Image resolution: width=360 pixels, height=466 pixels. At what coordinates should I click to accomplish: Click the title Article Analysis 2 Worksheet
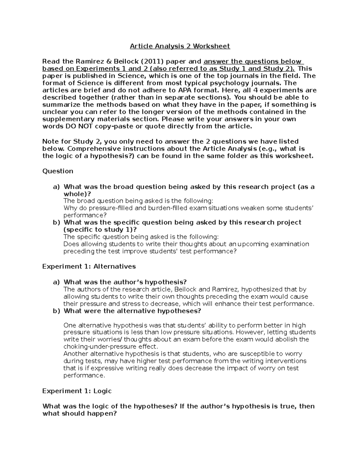180,46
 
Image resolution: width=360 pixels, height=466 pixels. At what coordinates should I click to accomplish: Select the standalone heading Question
58,171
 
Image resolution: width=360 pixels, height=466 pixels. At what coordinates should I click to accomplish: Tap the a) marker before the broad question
56,187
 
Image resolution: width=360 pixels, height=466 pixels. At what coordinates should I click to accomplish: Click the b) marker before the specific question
56,223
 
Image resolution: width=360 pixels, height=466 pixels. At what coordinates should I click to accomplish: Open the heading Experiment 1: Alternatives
89,266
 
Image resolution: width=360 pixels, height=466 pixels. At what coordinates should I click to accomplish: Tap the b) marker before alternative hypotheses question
56,311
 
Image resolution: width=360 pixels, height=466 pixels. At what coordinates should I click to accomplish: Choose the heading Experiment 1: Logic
77,391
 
